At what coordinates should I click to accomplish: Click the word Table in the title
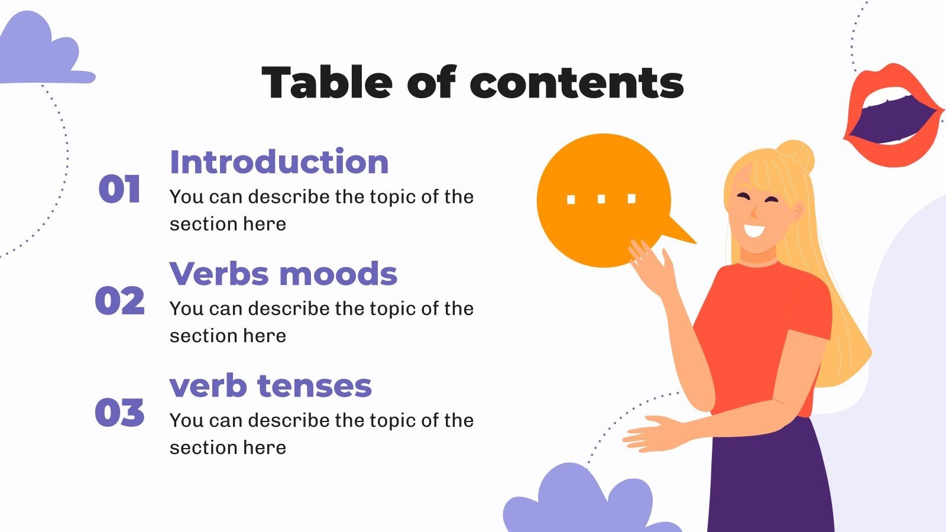click(x=327, y=82)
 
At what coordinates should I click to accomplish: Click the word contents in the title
click(x=577, y=83)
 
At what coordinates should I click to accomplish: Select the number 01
click(x=119, y=190)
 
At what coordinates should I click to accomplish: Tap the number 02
click(x=119, y=301)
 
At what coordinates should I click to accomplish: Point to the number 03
click(x=119, y=413)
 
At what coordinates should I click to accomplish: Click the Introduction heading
click(x=279, y=162)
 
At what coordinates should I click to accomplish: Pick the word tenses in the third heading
click(x=315, y=386)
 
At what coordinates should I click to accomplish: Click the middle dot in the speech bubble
click(x=601, y=199)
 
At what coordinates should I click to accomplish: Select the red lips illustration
click(x=893, y=115)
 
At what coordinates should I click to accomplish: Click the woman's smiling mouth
click(x=754, y=229)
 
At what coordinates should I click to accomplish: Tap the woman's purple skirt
click(x=769, y=479)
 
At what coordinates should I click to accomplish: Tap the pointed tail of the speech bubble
click(x=683, y=234)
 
